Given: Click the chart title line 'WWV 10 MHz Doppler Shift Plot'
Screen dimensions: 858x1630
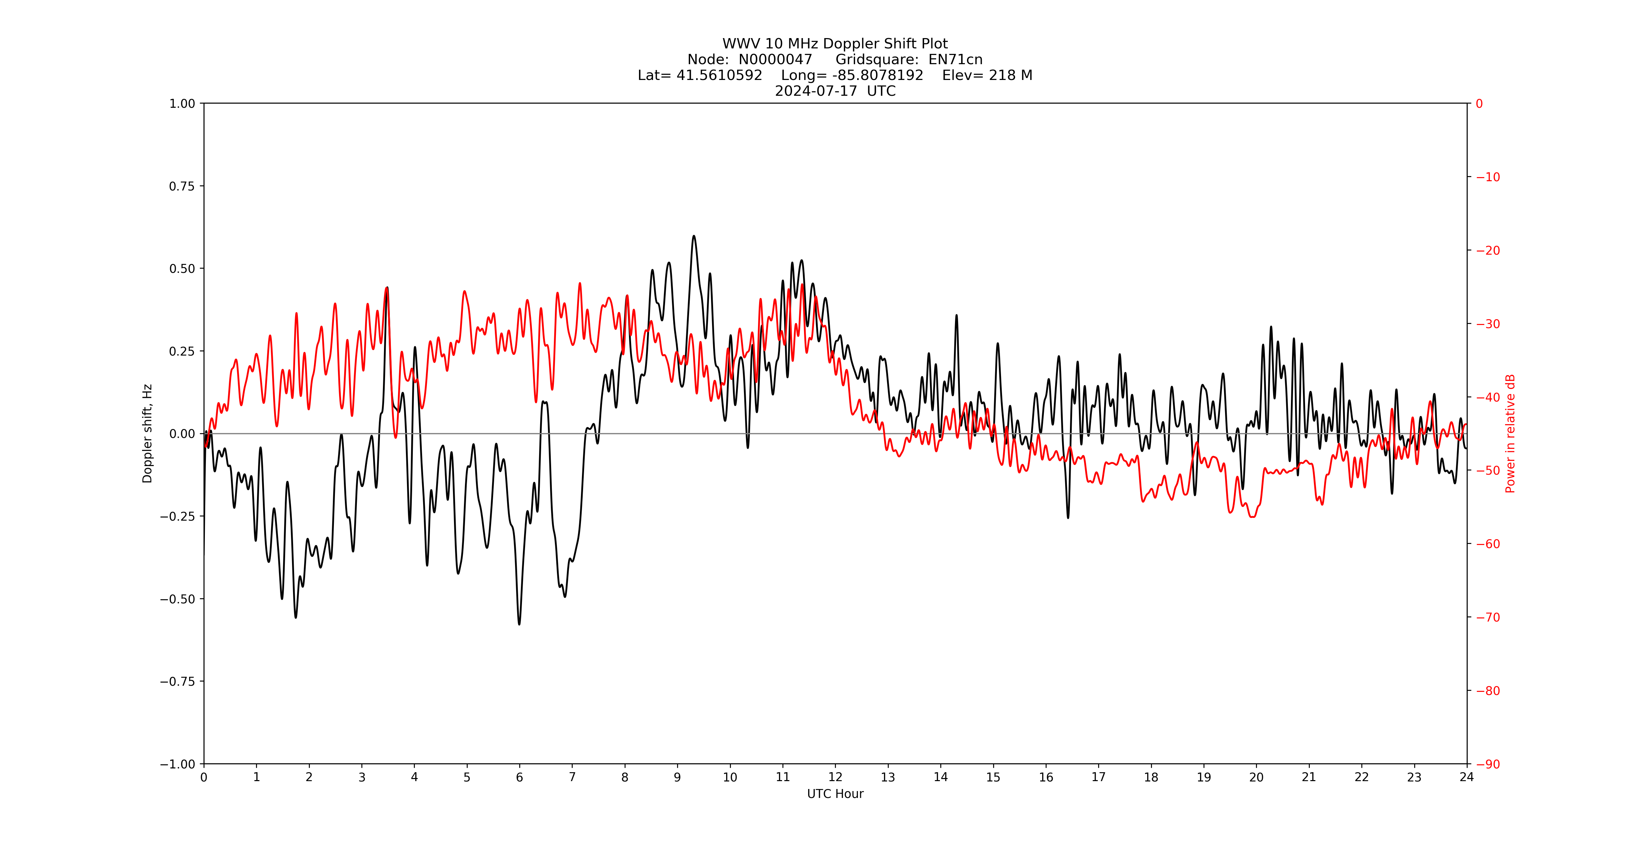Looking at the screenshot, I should pyautogui.click(x=835, y=44).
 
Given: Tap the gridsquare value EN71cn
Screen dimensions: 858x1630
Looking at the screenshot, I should pyautogui.click(x=955, y=59).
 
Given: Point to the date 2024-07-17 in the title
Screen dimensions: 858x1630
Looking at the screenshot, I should pyautogui.click(x=816, y=91).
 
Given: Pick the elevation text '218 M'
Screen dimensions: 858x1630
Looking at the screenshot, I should pyautogui.click(x=1011, y=75).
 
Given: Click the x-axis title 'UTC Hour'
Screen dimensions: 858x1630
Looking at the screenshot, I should pyautogui.click(x=835, y=793).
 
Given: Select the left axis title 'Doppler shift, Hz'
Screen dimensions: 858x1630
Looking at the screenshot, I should pyautogui.click(x=148, y=433).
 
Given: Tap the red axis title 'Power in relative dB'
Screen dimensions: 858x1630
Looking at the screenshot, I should pyautogui.click(x=1510, y=433).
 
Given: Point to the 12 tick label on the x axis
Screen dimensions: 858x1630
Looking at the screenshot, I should pyautogui.click(x=835, y=777).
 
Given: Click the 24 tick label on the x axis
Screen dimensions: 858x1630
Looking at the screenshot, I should pyautogui.click(x=1467, y=777).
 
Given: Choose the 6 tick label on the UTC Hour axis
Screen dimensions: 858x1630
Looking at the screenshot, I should pyautogui.click(x=520, y=777).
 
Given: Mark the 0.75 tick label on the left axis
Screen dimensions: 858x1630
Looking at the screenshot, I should pyautogui.click(x=182, y=186).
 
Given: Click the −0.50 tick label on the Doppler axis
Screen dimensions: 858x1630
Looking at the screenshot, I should pyautogui.click(x=177, y=599).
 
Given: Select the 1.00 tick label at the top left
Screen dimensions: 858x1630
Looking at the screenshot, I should pyautogui.click(x=182, y=104).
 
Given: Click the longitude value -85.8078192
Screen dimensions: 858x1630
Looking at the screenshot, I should pyautogui.click(x=878, y=75).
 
